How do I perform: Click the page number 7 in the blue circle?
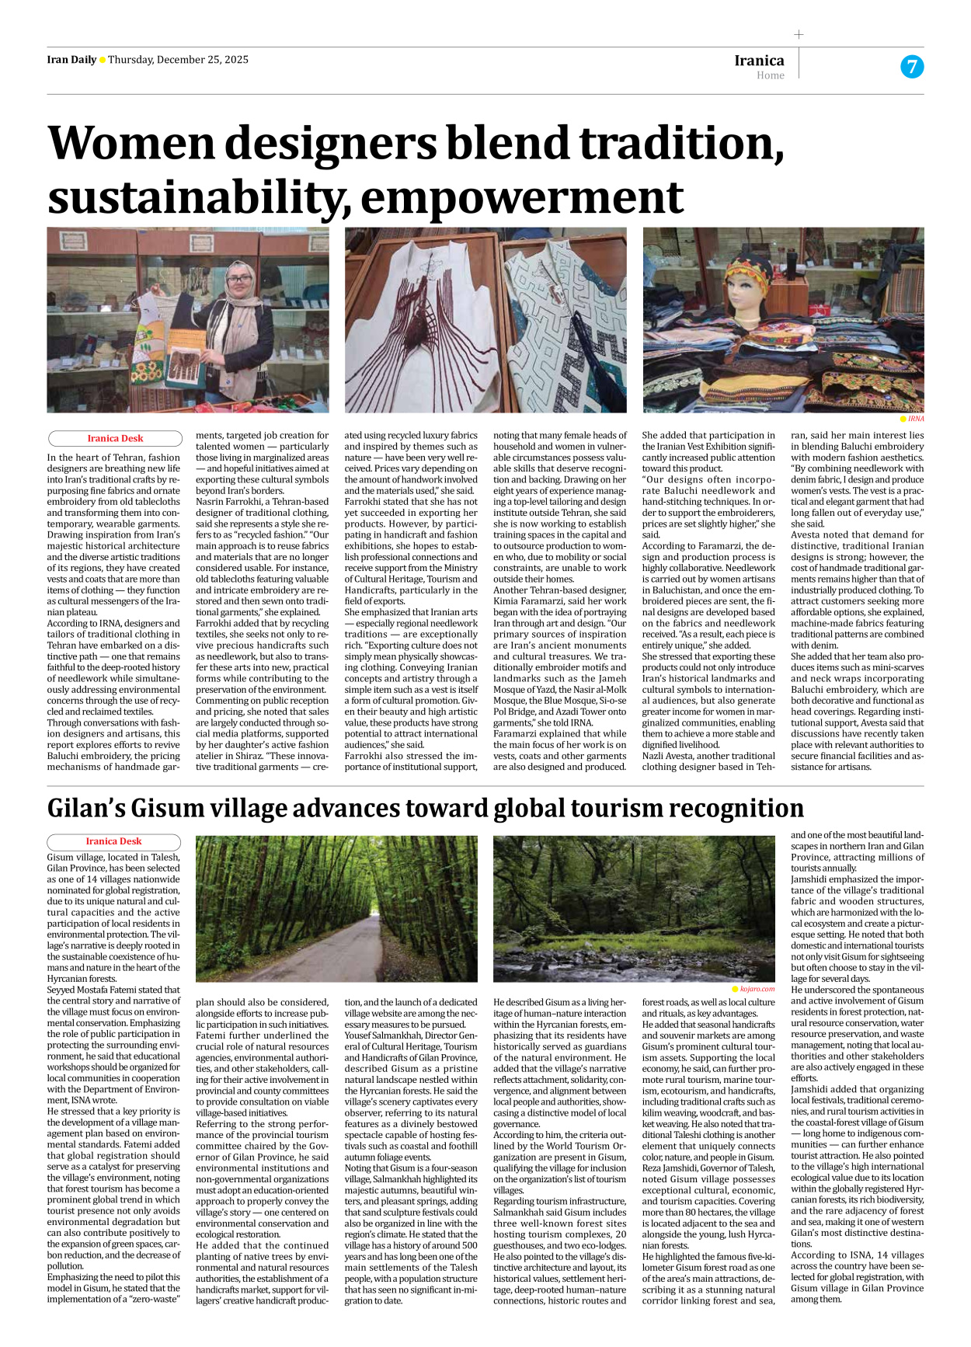click(911, 67)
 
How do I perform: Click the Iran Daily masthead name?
click(71, 60)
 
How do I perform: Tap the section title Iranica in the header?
click(759, 61)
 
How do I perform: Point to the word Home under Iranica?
click(770, 75)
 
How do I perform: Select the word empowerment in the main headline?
click(522, 198)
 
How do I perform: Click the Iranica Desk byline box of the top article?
click(114, 438)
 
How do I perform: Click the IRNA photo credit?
click(916, 419)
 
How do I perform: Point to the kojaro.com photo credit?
click(757, 989)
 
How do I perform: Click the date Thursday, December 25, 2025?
click(178, 60)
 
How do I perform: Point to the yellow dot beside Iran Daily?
click(103, 61)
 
